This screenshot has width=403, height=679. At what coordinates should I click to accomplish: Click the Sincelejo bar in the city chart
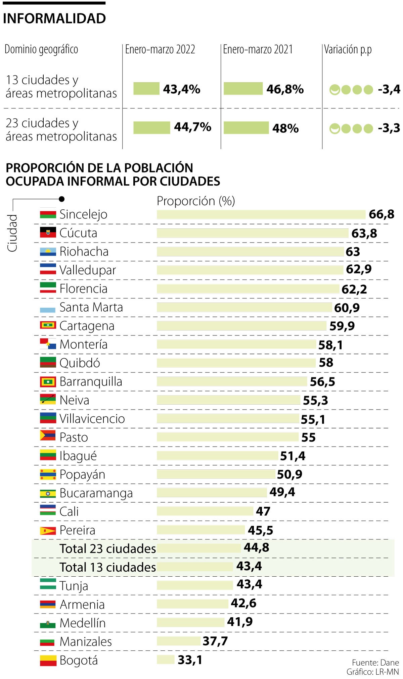tap(261, 214)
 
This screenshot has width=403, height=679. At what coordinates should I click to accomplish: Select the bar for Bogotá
tap(166, 660)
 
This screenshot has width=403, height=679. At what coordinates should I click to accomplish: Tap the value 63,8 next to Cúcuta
tap(364, 233)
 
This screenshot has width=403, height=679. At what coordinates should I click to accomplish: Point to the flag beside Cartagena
tap(48, 325)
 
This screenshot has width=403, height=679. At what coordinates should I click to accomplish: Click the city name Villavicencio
tap(92, 419)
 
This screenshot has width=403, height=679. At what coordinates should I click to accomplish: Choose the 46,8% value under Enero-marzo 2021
tap(285, 89)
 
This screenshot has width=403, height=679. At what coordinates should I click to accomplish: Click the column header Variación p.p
tap(348, 50)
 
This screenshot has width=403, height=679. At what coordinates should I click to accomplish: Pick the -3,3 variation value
tap(389, 128)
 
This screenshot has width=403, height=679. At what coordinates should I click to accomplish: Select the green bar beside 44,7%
tap(151, 127)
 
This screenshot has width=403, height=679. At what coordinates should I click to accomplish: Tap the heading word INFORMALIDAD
tap(54, 19)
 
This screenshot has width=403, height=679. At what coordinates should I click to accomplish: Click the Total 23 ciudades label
tap(107, 549)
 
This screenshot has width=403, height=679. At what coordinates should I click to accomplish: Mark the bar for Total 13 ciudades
tap(195, 567)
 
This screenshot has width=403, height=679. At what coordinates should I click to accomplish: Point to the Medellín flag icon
tap(48, 624)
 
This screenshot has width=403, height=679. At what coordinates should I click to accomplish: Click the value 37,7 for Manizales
tap(215, 641)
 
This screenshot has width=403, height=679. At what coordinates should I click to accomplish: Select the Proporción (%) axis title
tap(196, 201)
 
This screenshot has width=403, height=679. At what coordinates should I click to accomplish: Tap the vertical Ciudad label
tap(12, 233)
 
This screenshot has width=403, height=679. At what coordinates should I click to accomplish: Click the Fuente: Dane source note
tap(375, 663)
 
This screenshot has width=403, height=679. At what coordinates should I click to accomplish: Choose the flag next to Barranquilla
tap(48, 381)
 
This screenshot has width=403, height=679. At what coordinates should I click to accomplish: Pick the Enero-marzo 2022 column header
tap(160, 50)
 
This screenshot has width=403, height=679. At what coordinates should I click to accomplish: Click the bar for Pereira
tap(200, 530)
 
